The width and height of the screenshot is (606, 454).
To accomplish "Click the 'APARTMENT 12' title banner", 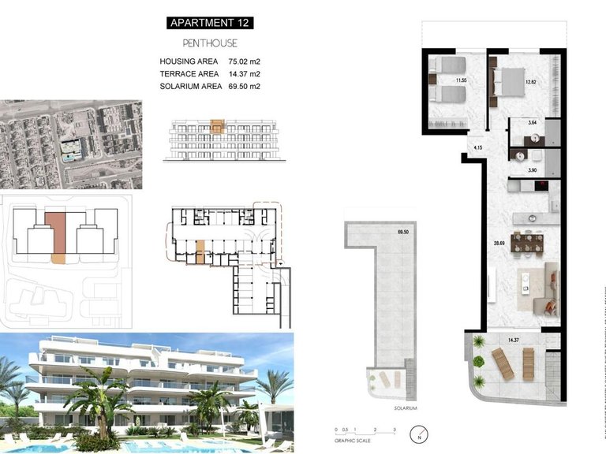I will point(211,23).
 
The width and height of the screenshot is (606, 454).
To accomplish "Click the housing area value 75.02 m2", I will point(244,61).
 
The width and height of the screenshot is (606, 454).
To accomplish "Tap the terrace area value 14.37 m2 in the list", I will point(244,73).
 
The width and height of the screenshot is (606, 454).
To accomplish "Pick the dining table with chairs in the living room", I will point(527,243).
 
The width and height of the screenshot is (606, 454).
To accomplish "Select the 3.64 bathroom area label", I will point(533,123).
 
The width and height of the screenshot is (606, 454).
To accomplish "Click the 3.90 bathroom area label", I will point(533,170).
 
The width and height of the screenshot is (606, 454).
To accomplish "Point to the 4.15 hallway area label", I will point(478,147).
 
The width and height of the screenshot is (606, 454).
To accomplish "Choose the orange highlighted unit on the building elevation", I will point(218,125).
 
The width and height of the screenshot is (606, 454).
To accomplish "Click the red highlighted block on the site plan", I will point(56,233).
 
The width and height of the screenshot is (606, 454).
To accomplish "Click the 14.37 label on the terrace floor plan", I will point(514,340).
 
